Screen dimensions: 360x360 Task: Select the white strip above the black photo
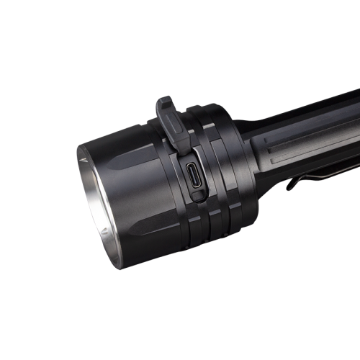[x=180, y=22]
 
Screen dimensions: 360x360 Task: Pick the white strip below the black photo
[x=180, y=338]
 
